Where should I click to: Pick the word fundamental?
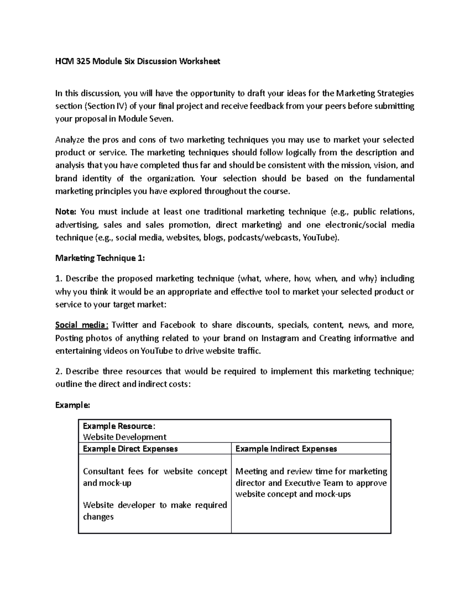(x=390, y=179)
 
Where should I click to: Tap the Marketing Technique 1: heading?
(x=100, y=258)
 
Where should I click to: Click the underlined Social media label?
(x=80, y=325)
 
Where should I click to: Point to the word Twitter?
(x=125, y=325)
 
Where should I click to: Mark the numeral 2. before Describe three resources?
(x=58, y=371)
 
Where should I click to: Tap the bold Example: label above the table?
(x=72, y=405)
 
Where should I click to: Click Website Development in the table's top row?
(x=125, y=437)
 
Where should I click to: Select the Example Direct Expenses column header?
(x=130, y=449)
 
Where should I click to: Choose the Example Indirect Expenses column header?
(x=286, y=449)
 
